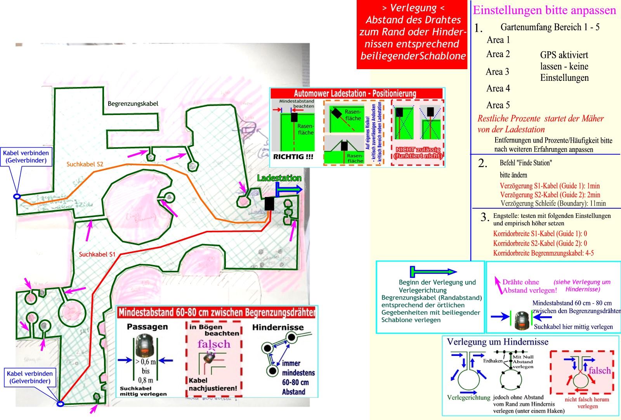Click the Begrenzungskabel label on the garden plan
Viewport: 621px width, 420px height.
[133, 104]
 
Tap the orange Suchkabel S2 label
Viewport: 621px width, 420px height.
[85, 164]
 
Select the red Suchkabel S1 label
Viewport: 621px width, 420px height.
[97, 254]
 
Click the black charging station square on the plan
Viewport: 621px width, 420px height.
[269, 204]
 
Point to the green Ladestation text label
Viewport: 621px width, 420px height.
[279, 178]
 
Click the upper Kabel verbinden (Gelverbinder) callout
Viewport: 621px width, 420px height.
[26, 157]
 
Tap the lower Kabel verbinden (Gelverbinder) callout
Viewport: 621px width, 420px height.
[29, 377]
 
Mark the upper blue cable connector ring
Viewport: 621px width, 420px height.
[17, 197]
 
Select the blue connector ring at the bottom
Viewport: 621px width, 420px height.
[60, 404]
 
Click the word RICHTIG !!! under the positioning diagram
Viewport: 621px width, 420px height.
[293, 157]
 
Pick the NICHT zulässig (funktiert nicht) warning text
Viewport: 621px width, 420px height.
[418, 153]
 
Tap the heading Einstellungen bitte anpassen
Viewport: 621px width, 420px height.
[544, 10]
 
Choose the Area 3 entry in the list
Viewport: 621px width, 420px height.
[497, 72]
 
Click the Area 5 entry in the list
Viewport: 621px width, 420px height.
[498, 105]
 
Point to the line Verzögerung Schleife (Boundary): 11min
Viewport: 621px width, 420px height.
[553, 203]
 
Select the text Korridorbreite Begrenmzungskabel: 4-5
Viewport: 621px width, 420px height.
[543, 253]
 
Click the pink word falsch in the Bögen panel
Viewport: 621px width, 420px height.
[213, 344]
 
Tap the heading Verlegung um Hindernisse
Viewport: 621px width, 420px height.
[498, 342]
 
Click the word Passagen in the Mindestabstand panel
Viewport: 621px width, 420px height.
[147, 327]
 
